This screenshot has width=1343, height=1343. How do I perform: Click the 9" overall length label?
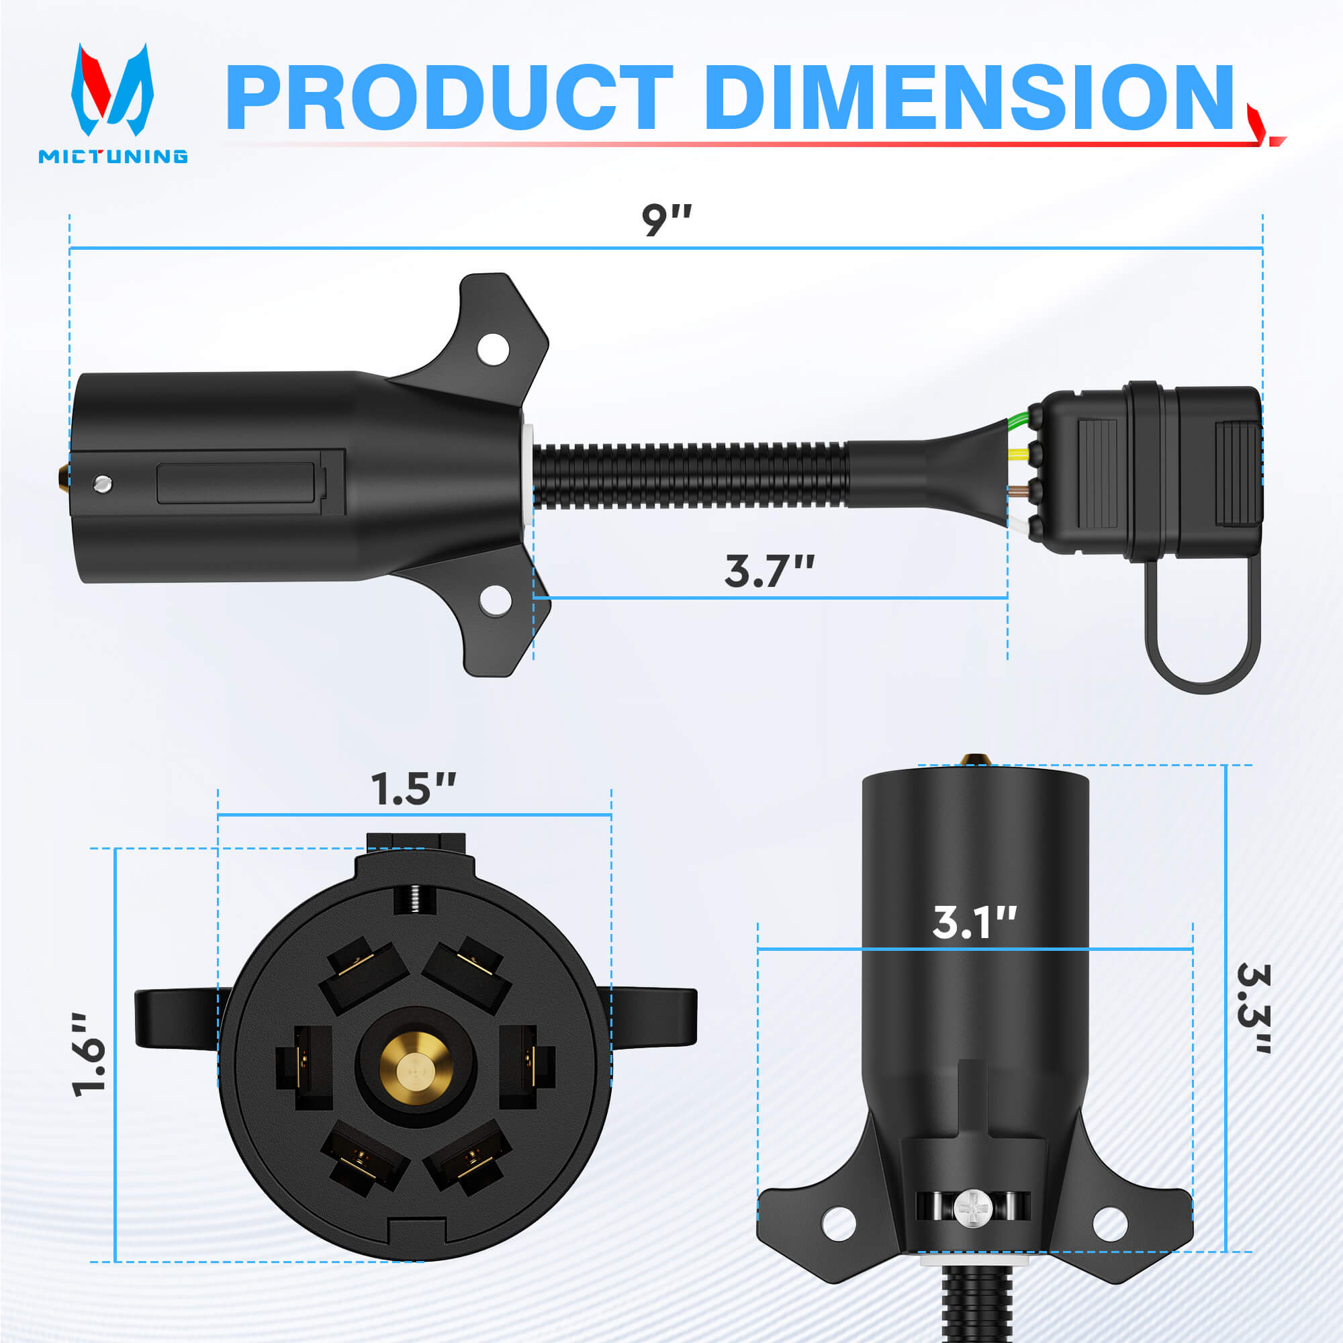666,220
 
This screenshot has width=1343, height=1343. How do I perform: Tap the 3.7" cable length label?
769,571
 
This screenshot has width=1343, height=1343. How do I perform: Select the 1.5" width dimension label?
413,789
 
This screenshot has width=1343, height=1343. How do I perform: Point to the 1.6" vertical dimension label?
90,1055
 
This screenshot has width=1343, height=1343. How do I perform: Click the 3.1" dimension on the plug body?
974,923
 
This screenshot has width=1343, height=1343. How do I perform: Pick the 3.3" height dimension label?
1253,1009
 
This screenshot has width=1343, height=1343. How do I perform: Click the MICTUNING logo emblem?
112,91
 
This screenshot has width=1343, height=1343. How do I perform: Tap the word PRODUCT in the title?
449,97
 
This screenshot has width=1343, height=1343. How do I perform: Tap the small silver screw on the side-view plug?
103,482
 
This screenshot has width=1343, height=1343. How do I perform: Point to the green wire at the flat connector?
1019,418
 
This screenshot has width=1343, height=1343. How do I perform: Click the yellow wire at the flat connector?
1019,454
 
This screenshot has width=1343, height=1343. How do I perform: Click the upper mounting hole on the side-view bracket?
493,349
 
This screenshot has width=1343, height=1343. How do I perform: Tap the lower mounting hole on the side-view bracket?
495,600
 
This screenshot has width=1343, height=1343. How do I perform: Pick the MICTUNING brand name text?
113,156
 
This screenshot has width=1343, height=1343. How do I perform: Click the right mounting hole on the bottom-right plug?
1109,1225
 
